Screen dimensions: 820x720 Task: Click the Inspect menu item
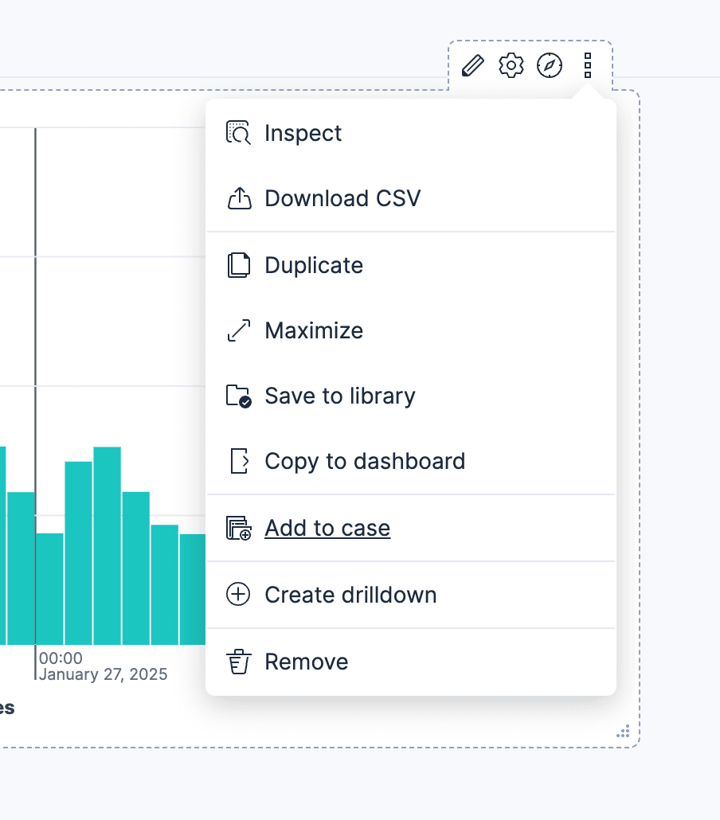tap(303, 133)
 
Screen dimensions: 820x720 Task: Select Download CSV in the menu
tap(342, 198)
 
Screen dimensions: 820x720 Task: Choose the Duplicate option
tap(314, 265)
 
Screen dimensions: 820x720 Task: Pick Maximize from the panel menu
tap(314, 330)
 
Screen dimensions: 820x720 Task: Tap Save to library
tap(340, 396)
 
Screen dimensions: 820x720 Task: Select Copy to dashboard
tap(365, 461)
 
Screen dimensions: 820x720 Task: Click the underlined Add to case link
tap(327, 528)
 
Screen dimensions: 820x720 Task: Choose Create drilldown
tap(350, 595)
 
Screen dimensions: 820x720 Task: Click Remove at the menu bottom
tap(307, 662)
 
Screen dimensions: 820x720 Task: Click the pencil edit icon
tap(473, 65)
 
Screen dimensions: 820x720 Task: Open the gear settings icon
tap(511, 65)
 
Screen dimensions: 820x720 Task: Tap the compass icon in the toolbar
tap(550, 65)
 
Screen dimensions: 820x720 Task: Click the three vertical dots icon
tap(588, 65)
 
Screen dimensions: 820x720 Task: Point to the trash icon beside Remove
tap(238, 662)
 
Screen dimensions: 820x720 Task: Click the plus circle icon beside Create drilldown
tap(238, 595)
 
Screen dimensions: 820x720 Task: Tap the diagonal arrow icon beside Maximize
tap(238, 330)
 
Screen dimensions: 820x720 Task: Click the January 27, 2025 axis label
tap(104, 675)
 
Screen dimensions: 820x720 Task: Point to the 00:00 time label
tap(61, 658)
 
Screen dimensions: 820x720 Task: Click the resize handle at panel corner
tap(624, 732)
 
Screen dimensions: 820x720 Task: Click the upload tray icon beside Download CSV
tap(239, 198)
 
